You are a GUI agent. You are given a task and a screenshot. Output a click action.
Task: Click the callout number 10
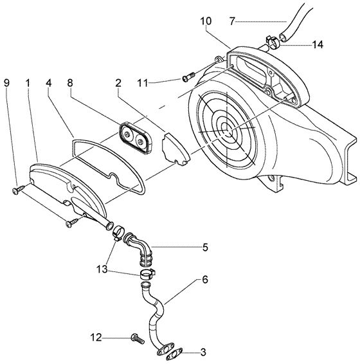pos(206,21)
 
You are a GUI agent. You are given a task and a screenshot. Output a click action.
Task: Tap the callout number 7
pos(232,21)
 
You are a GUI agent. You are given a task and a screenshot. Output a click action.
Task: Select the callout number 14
pos(318,44)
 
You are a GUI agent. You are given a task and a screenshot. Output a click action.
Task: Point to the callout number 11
pos(142,83)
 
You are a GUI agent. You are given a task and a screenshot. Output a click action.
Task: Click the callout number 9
pos(6,83)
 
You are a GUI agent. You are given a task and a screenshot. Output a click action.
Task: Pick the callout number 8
pos(70,83)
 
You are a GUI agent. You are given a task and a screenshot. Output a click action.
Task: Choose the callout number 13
pos(102,269)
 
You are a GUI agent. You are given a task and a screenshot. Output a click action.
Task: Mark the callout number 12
pos(96,337)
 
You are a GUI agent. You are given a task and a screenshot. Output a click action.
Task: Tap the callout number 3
pos(203,352)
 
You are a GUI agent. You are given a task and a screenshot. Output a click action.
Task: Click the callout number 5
pos(205,248)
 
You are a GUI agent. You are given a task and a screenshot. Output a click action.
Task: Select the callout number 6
pos(205,280)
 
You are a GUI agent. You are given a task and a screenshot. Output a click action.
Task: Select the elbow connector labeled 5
pos(138,248)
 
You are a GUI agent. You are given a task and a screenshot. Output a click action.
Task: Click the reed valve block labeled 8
pos(135,138)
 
